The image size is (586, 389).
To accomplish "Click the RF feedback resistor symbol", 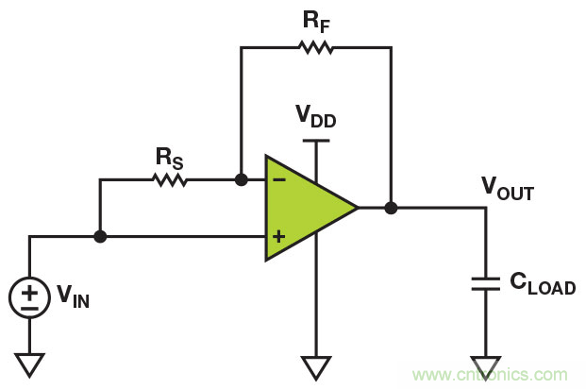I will (315, 45).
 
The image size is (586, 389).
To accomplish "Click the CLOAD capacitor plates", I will (486, 284).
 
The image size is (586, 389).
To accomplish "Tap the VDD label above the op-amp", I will (315, 118).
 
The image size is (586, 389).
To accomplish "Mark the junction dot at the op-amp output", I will (391, 206).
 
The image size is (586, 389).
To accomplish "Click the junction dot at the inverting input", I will (241, 178).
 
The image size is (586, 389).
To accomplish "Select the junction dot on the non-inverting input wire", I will (100, 236).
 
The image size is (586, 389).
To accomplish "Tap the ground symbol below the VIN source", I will (30, 362).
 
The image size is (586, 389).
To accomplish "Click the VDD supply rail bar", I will (316, 140).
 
